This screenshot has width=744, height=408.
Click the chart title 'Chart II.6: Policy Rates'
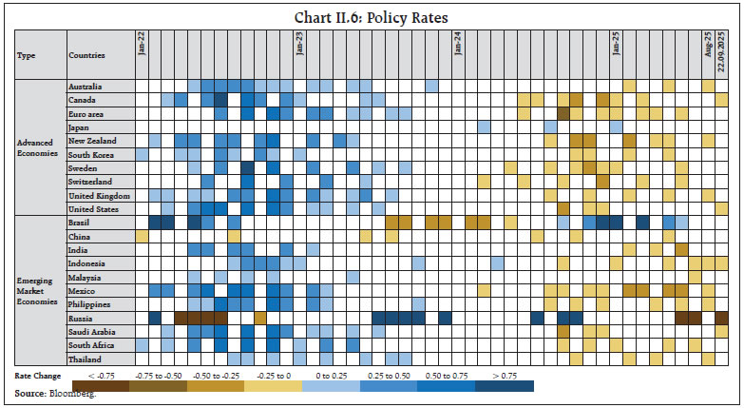pyautogui.click(x=372, y=17)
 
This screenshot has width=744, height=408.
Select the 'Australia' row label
pyautogui.click(x=86, y=87)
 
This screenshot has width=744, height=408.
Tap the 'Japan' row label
pyautogui.click(x=79, y=127)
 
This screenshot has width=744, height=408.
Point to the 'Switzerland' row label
pyautogui.click(x=90, y=182)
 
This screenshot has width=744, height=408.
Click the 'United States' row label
pyautogui.click(x=93, y=209)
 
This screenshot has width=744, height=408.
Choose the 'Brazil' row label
pyautogui.click(x=80, y=223)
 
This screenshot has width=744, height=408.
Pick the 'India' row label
pyautogui.click(x=78, y=250)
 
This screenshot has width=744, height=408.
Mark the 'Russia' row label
pyautogui.click(x=80, y=319)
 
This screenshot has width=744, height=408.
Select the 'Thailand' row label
pyautogui.click(x=85, y=359)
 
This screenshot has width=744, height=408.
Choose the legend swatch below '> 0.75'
pyautogui.click(x=503, y=386)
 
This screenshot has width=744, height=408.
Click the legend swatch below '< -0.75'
pyautogui.click(x=101, y=386)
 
